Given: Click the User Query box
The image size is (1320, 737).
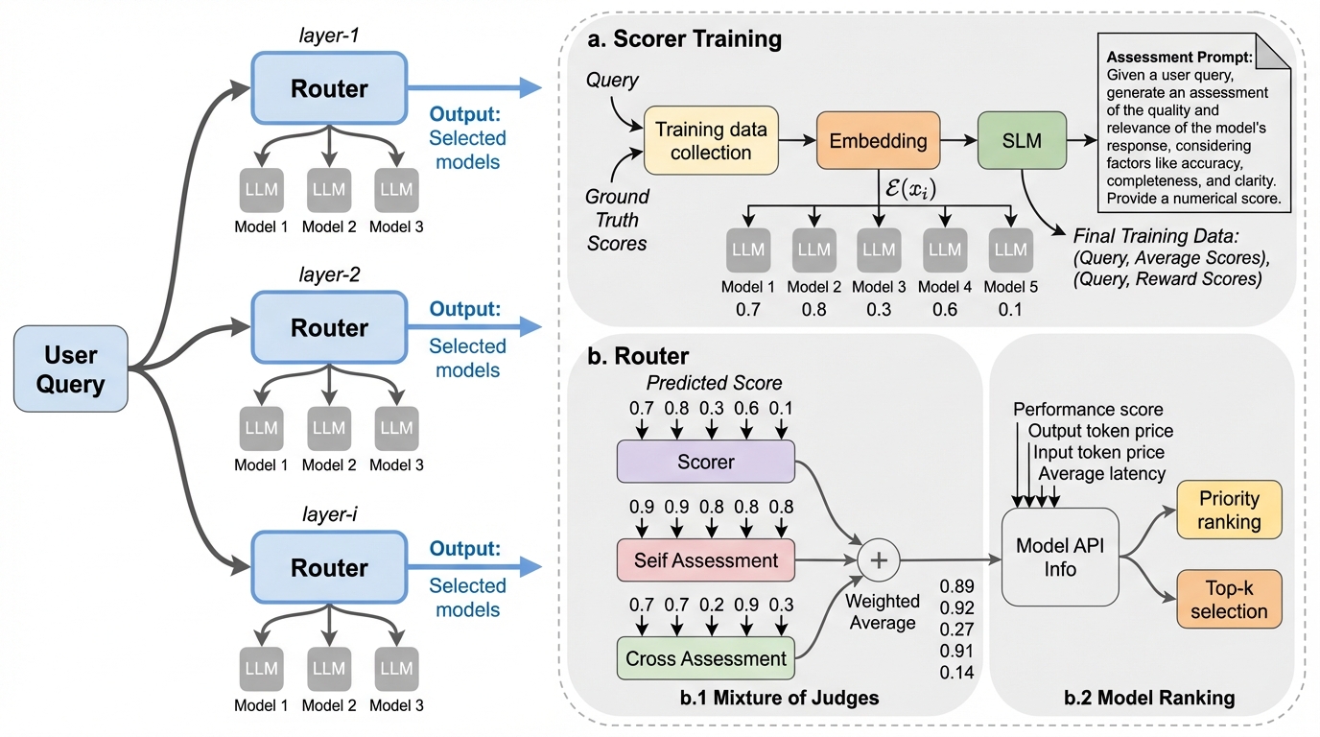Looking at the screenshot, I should [71, 369].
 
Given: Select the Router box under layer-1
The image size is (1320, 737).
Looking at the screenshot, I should [328, 89].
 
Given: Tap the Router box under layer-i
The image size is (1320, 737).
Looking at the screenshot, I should [328, 568].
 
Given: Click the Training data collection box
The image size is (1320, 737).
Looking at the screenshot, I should [710, 140].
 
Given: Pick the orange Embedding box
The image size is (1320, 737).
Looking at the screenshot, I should [879, 140].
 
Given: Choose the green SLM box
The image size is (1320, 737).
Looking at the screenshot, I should [1022, 140].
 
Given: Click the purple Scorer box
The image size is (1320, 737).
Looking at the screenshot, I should [706, 462].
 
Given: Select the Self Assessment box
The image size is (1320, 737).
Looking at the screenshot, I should [706, 560].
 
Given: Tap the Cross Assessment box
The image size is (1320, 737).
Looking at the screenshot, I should [706, 658].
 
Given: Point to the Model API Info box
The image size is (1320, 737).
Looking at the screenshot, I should [1060, 557].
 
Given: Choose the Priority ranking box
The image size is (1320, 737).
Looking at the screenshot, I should [1228, 510].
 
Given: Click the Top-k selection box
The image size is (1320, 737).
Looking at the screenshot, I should [1228, 600].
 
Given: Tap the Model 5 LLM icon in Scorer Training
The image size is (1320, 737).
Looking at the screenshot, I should [1011, 250].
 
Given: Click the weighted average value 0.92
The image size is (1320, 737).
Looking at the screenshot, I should [957, 607].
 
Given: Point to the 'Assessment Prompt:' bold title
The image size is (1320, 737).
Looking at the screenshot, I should [1172, 58].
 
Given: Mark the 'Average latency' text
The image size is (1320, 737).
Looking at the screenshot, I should [1102, 473].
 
